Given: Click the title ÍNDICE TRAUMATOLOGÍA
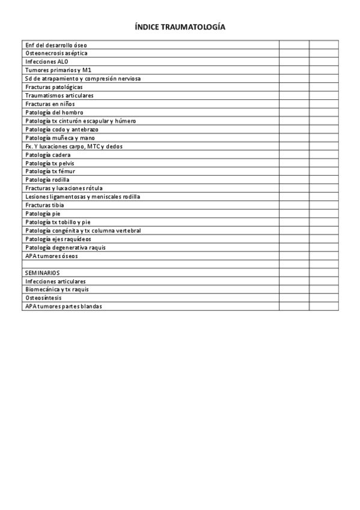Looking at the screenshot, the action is point(180,28).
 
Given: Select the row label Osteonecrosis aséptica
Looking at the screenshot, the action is point(56,53).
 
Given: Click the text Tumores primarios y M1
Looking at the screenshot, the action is point(58,70).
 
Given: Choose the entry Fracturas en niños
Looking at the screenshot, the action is point(50,104).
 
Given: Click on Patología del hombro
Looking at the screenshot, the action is point(54,112).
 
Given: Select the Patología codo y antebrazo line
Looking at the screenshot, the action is point(62,129).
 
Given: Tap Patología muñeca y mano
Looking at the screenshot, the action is point(59,138).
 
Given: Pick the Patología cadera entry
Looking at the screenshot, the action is point(48,155).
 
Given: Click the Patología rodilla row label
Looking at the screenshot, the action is point(47,180).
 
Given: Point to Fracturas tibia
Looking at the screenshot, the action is point(44,205).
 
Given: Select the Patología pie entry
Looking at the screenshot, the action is point(43,214).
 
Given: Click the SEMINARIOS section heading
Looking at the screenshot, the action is point(43,272).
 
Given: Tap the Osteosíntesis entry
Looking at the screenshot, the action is point(43,298).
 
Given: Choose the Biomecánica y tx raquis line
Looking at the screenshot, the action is point(57,289).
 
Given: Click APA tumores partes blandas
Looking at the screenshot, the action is point(64,306).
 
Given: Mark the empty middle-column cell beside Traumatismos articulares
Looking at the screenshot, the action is point(294,96).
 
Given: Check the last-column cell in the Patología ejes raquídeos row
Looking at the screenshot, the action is point(324,239).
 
